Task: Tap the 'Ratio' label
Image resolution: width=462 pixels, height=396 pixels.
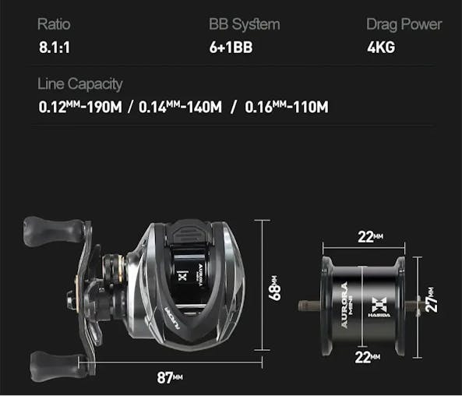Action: (54, 24)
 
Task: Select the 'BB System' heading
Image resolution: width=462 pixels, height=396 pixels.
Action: (244, 24)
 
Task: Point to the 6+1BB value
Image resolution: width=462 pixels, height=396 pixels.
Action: (231, 48)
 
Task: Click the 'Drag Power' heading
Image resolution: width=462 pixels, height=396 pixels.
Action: (404, 24)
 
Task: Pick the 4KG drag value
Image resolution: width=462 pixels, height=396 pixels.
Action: (381, 48)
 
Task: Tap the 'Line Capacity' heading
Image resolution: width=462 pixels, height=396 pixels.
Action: (80, 83)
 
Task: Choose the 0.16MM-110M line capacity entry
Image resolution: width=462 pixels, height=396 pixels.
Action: (286, 106)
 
